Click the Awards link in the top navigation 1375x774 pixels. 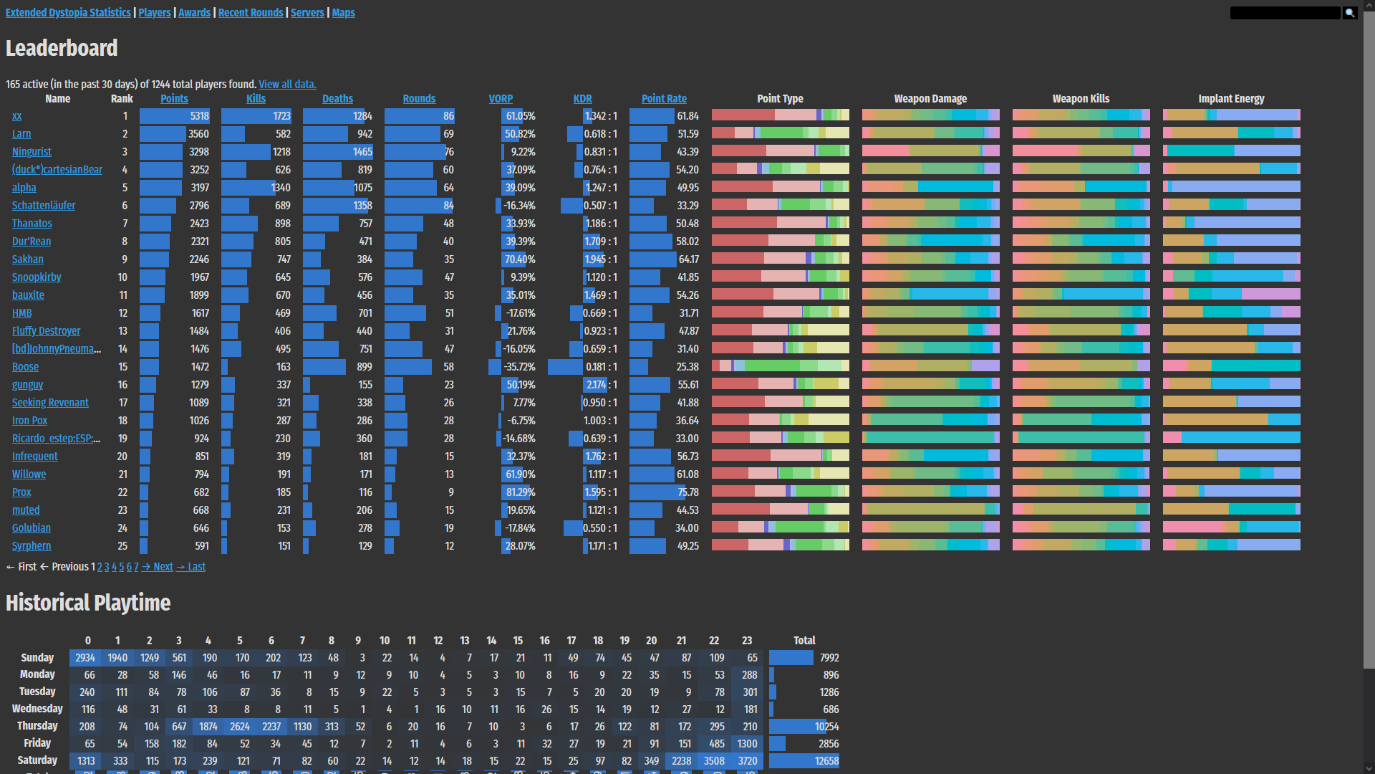194,13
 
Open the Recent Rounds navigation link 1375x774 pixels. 251,13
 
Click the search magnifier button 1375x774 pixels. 1350,13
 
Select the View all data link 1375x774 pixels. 287,85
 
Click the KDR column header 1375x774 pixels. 582,99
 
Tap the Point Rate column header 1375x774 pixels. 664,99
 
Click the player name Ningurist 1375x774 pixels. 32,152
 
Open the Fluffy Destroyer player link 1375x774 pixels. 46,331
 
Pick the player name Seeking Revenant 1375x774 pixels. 50,403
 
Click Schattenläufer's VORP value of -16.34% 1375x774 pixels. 519,206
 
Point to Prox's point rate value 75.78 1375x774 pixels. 687,492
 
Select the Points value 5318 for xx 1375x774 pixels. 199,116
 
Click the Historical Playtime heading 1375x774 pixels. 88,603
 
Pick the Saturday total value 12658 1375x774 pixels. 826,761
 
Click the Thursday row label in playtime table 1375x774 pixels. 37,726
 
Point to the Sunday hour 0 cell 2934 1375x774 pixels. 85,658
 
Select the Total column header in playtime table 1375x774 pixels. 804,641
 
